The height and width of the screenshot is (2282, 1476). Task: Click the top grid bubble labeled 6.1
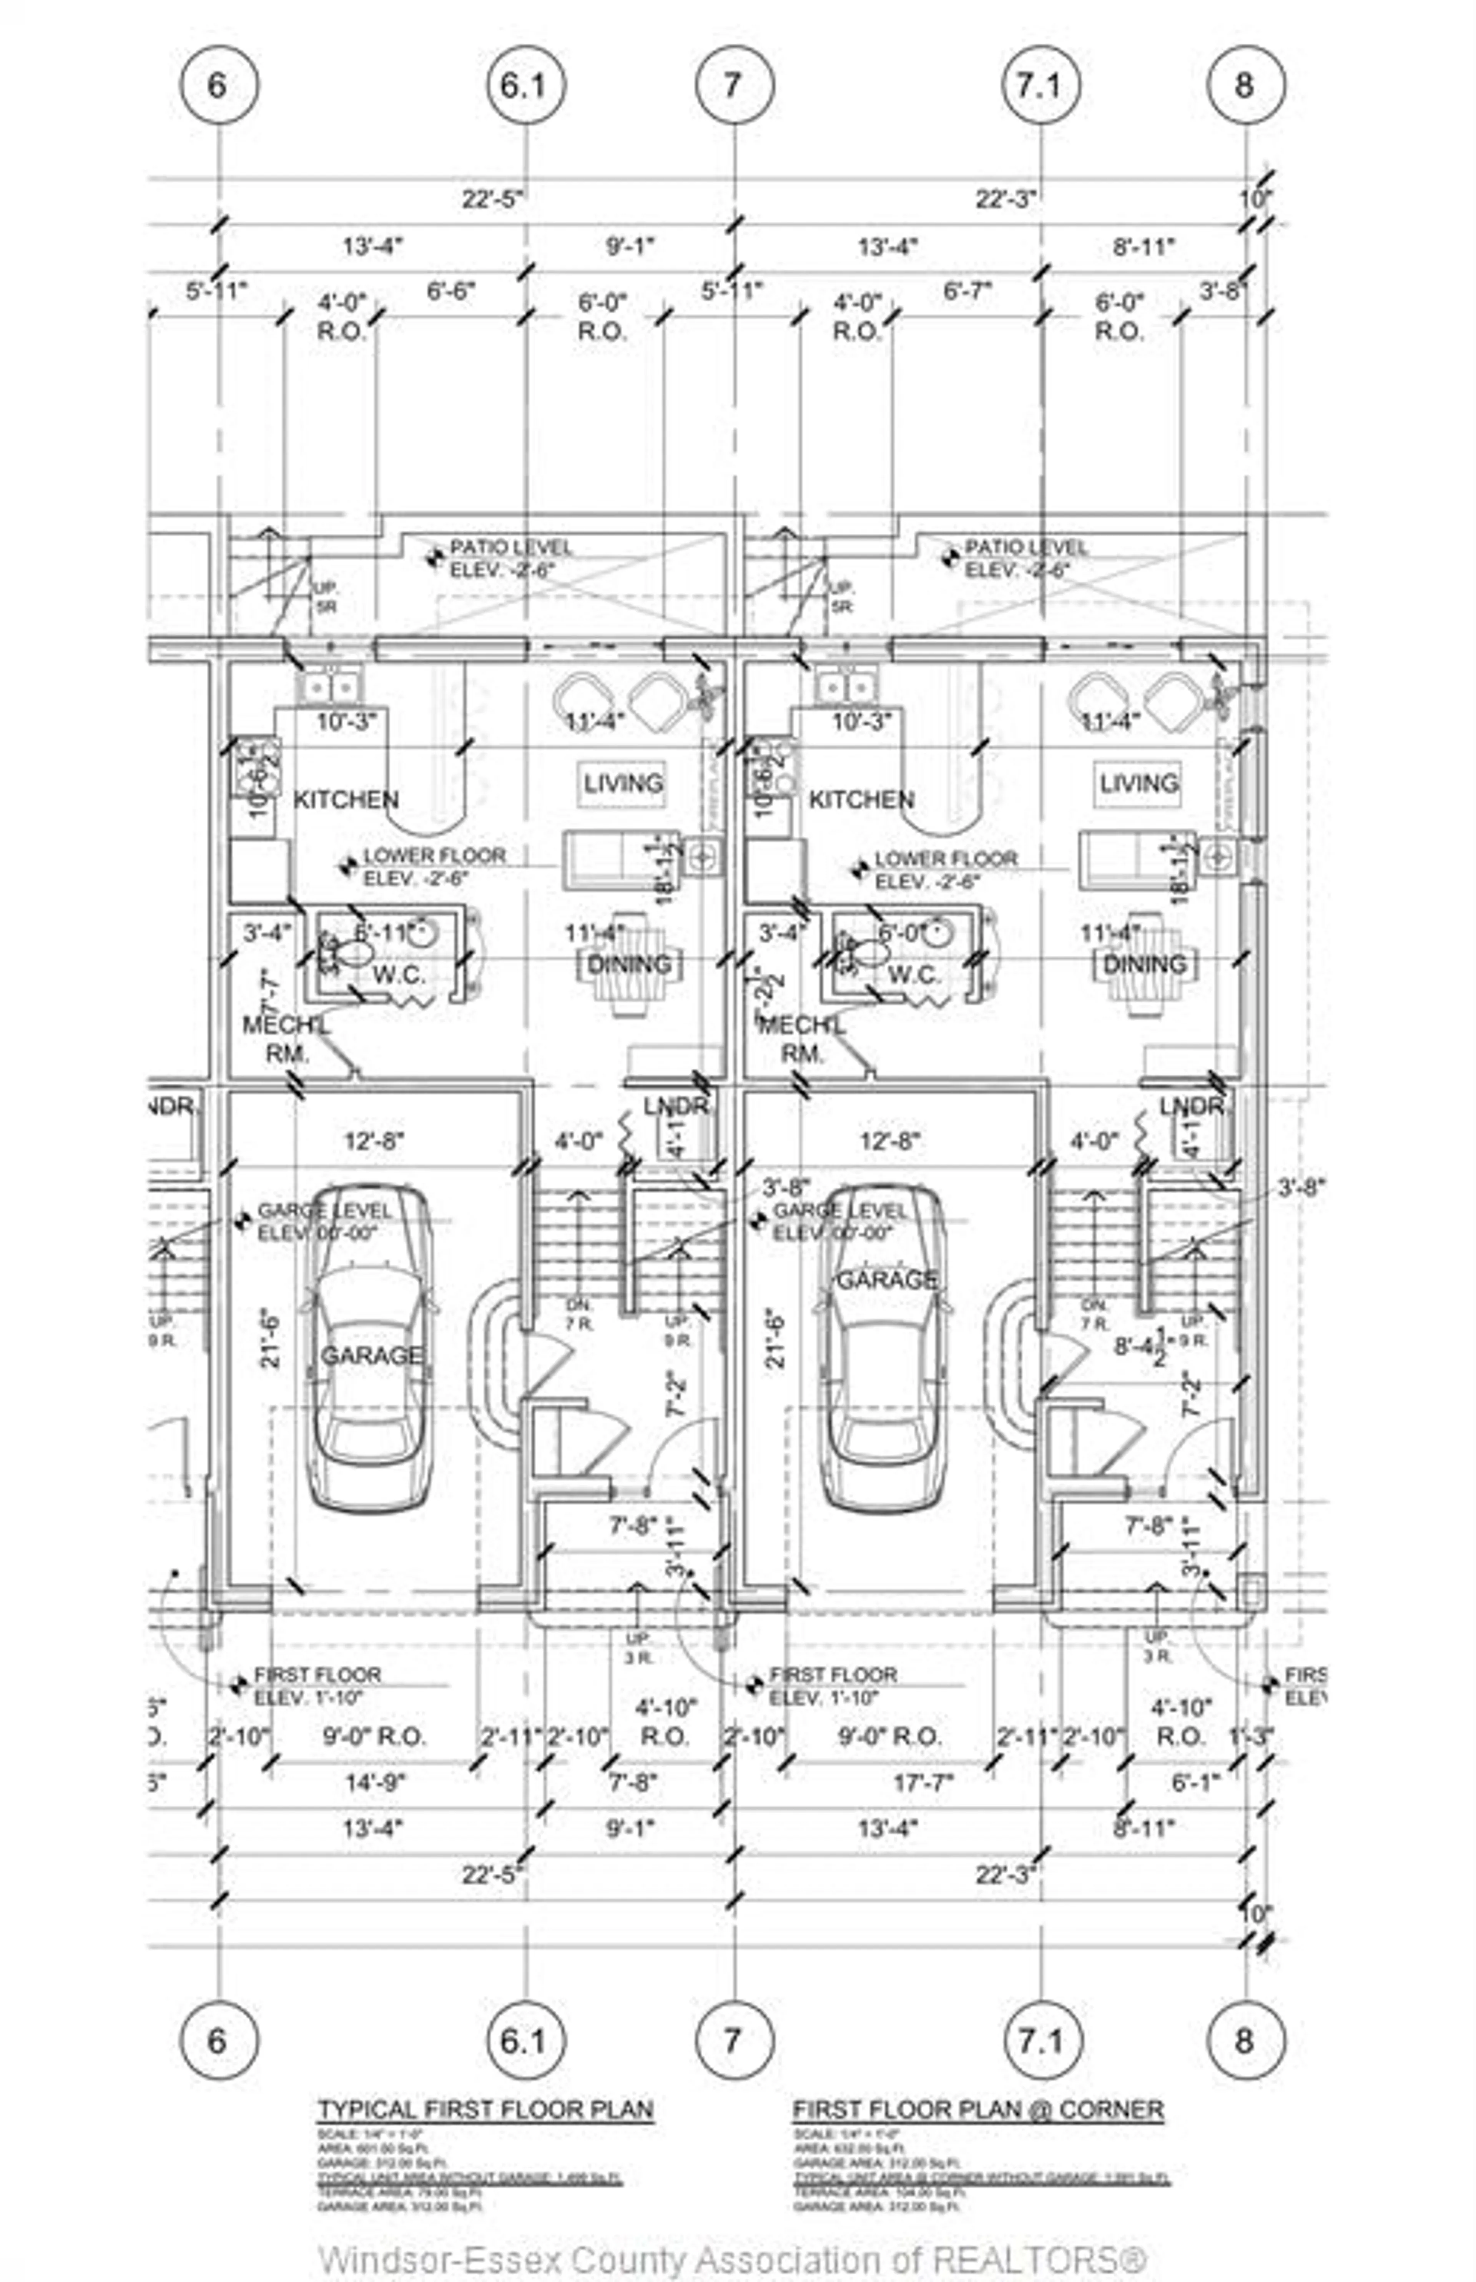point(525,85)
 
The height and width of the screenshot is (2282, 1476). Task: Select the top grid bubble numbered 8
point(1245,85)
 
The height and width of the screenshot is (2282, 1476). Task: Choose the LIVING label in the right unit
point(1139,783)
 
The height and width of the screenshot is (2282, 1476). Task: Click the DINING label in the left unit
point(629,964)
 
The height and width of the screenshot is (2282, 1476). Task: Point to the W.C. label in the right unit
point(913,975)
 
